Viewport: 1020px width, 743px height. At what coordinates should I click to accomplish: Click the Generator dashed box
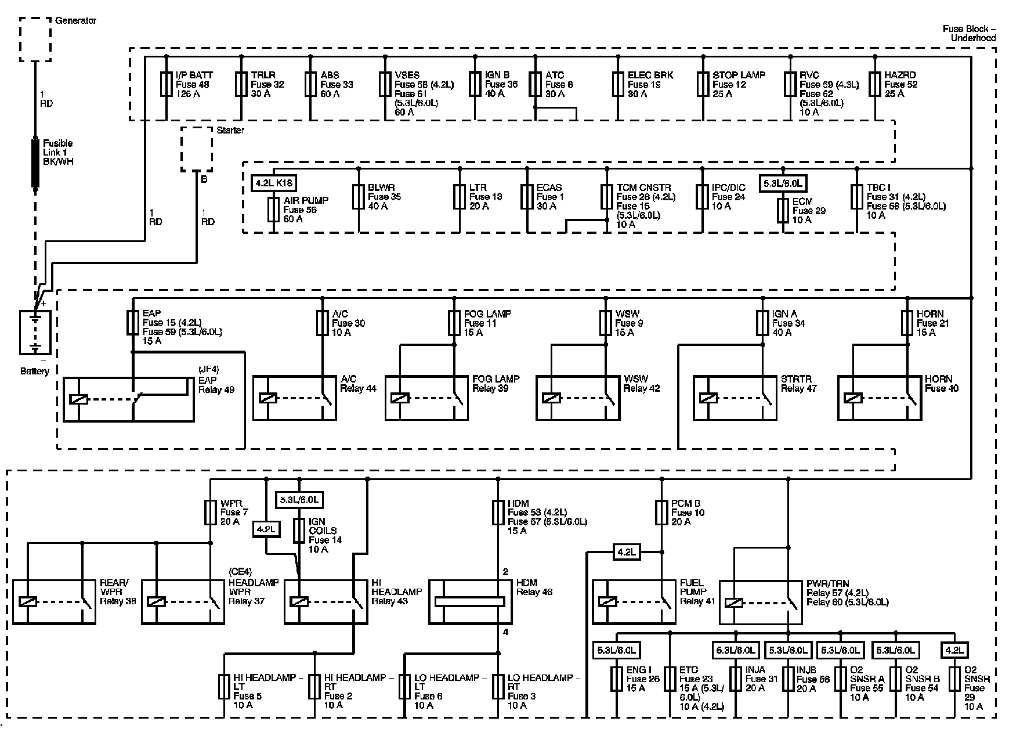point(35,39)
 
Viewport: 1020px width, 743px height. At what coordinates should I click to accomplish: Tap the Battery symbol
point(35,333)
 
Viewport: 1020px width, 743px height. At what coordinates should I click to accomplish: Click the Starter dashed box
point(197,149)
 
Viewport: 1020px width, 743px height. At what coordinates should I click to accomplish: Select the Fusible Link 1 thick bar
point(35,163)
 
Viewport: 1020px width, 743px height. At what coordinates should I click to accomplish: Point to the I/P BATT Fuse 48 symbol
point(167,84)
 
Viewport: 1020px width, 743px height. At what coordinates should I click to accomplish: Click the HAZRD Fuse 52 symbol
point(875,84)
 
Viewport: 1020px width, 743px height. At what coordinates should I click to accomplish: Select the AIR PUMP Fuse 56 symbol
point(273,209)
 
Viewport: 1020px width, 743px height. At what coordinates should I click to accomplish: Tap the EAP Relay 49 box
point(128,399)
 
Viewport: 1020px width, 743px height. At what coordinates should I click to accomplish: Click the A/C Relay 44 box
point(294,398)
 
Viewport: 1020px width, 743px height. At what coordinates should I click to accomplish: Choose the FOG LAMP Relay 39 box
point(426,398)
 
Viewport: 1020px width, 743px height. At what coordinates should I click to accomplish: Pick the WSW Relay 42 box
point(578,398)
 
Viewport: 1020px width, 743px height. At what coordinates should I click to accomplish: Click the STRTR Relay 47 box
point(735,398)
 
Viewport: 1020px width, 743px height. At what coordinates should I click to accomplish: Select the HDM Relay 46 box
point(471,602)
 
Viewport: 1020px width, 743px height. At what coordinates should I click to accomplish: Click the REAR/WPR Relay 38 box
point(54,602)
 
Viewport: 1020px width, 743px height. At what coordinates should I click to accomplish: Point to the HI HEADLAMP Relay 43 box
point(325,602)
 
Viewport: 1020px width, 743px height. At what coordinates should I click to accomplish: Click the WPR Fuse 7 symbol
point(211,513)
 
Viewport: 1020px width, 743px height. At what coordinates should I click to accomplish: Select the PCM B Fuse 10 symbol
point(661,513)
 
